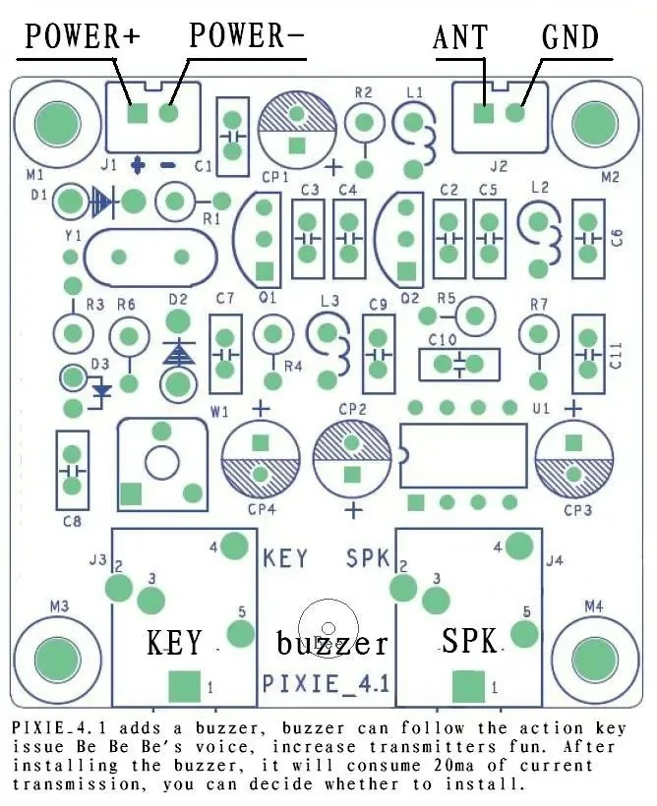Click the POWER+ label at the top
83,37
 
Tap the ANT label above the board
460,37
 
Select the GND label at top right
570,37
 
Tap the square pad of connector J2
483,113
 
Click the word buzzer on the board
331,644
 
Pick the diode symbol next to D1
101,203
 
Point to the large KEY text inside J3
175,643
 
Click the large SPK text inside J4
469,642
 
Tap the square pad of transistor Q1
264,270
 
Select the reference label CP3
577,509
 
